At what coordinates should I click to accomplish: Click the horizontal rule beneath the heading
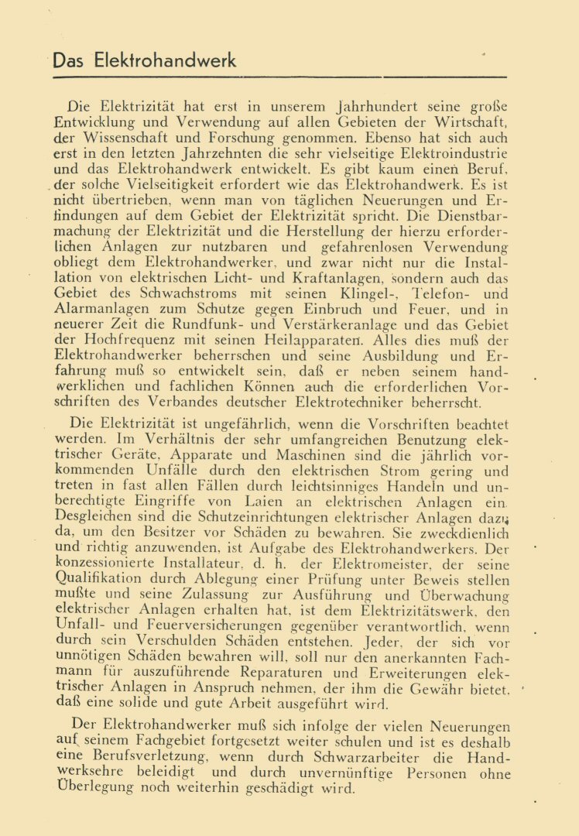[x=279, y=77]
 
